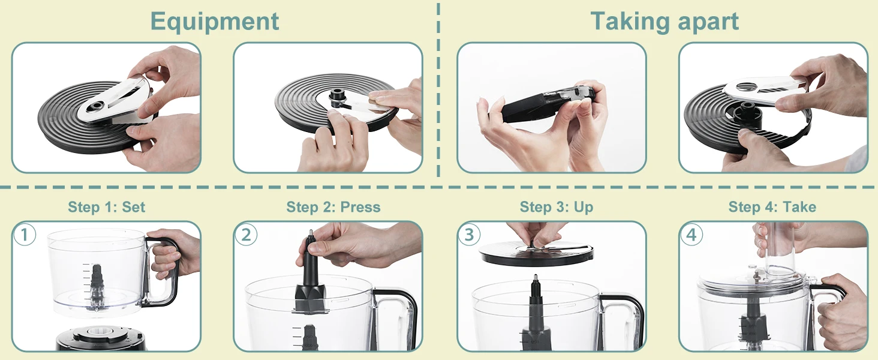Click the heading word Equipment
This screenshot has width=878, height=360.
coord(215,22)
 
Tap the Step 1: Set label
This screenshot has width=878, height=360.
coord(107,206)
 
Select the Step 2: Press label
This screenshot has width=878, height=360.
coord(333,206)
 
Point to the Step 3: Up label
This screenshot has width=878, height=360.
coord(556,206)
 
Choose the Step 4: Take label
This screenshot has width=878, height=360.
coord(772,206)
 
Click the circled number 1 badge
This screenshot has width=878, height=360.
coord(25,235)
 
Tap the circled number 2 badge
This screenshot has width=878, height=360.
coord(246,235)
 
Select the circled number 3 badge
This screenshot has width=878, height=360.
coord(469,235)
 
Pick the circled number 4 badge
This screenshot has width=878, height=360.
coord(691,235)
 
